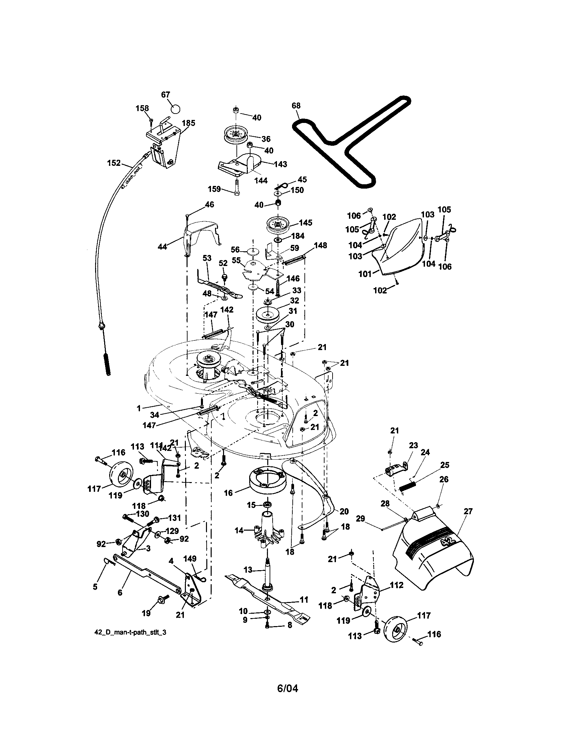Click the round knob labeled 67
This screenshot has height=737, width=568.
(x=175, y=109)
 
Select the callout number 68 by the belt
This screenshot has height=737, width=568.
(x=296, y=106)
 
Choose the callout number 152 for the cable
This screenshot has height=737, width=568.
(x=114, y=163)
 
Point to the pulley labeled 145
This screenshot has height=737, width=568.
(x=279, y=224)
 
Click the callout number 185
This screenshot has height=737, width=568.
(x=188, y=123)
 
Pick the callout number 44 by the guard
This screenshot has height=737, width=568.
(x=162, y=247)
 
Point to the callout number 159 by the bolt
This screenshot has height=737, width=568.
(x=215, y=189)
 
